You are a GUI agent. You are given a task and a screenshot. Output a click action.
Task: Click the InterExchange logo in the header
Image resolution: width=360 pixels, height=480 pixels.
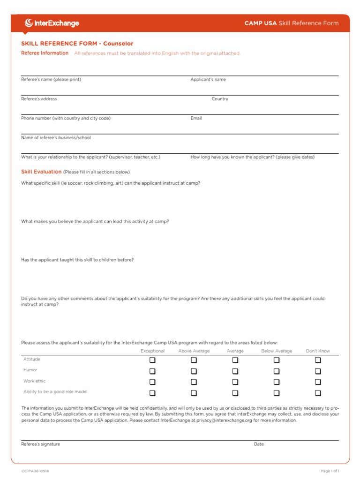click(x=52, y=23)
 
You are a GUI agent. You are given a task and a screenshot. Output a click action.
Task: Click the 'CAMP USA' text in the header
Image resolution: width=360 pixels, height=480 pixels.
click(x=261, y=23)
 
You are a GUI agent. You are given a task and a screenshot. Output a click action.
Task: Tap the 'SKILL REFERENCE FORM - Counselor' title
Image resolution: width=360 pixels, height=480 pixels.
click(x=77, y=44)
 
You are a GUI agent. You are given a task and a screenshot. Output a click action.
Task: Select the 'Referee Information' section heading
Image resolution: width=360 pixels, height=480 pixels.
click(x=45, y=53)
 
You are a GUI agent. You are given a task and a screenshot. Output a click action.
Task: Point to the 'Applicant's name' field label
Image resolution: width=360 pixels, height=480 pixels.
click(x=208, y=80)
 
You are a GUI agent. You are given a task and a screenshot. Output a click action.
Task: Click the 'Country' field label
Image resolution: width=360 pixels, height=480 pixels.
click(x=220, y=99)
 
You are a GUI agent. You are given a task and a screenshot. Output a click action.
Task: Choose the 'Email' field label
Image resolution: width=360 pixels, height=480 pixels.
click(x=196, y=118)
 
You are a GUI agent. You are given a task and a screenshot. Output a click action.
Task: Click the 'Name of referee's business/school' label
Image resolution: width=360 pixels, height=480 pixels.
click(x=56, y=138)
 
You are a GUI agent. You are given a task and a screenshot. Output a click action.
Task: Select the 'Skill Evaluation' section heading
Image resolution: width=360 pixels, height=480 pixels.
click(x=41, y=172)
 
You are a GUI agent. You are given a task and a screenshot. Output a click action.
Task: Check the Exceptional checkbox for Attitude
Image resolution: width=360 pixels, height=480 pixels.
click(x=152, y=360)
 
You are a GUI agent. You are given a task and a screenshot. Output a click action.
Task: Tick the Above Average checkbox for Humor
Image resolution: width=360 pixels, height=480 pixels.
click(x=194, y=371)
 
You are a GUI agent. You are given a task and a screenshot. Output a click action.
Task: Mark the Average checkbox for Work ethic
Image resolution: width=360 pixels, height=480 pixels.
click(x=235, y=382)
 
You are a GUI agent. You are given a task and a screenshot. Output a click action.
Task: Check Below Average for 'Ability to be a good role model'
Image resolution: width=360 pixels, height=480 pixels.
click(x=277, y=393)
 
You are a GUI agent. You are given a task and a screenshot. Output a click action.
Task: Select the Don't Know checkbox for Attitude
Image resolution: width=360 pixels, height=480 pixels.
click(x=318, y=360)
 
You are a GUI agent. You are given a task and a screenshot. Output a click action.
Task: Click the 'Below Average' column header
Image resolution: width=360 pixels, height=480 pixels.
click(x=277, y=351)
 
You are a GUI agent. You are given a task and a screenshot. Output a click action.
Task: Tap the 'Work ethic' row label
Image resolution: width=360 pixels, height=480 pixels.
click(x=35, y=381)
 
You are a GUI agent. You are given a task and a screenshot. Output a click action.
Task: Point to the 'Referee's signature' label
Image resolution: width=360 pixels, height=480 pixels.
click(x=41, y=444)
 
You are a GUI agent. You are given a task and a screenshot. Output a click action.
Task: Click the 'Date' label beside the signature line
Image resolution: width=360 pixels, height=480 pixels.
click(x=259, y=444)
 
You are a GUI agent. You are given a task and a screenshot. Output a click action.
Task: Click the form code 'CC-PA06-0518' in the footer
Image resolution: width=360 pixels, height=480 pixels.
click(x=35, y=471)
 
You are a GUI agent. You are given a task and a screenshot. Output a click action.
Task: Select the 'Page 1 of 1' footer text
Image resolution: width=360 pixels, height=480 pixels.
click(x=330, y=471)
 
